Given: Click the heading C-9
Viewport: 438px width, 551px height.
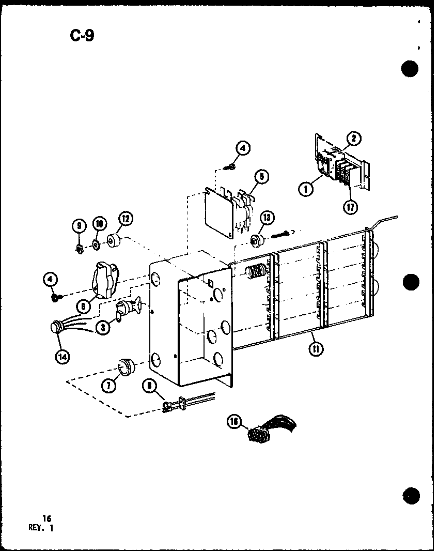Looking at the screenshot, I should pos(82,36).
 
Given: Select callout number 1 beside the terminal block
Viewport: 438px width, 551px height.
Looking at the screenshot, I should pos(306,189).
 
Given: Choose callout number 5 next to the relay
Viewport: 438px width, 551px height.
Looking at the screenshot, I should pos(261,177).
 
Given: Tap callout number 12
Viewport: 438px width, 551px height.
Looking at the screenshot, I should pos(126,220).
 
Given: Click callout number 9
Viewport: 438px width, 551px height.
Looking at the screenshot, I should pos(79,225).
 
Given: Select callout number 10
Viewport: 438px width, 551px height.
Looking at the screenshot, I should pos(99,223).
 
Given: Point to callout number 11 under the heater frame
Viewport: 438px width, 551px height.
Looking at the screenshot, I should pos(314,349).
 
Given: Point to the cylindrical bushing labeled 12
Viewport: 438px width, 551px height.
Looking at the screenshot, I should pos(113,241).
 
